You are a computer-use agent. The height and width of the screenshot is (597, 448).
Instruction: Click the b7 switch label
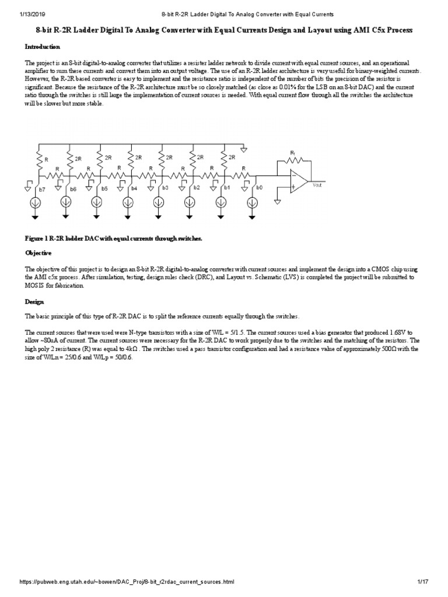pyautogui.click(x=42, y=189)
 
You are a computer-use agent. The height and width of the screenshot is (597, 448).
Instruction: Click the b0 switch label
pyautogui.click(x=259, y=188)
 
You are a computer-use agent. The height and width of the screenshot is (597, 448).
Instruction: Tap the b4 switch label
pyautogui.click(x=135, y=189)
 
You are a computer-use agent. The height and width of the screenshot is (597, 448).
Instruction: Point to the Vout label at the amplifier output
pyautogui.click(x=317, y=185)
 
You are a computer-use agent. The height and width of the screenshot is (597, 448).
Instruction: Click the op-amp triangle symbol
pyautogui.click(x=298, y=181)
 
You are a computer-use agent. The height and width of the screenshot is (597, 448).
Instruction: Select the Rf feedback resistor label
pyautogui.click(x=293, y=152)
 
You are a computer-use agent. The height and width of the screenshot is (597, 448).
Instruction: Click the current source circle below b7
pyautogui.click(x=36, y=203)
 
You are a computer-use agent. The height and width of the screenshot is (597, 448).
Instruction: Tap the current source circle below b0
pyautogui.click(x=253, y=203)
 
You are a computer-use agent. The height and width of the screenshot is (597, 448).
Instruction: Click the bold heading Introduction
pyautogui.click(x=42, y=46)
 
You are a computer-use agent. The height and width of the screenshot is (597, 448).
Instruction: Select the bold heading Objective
pyautogui.click(x=38, y=253)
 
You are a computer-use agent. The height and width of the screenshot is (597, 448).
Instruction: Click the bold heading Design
pyautogui.click(x=34, y=301)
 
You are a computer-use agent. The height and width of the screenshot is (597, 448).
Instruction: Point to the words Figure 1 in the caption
pyautogui.click(x=37, y=238)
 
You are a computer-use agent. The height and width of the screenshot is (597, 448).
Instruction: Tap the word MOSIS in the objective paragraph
pyautogui.click(x=35, y=286)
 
